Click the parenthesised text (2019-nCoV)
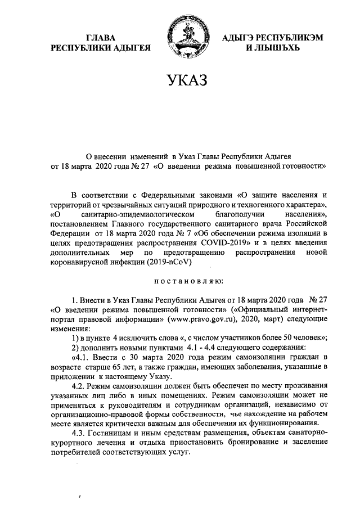click(x=182, y=262)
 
